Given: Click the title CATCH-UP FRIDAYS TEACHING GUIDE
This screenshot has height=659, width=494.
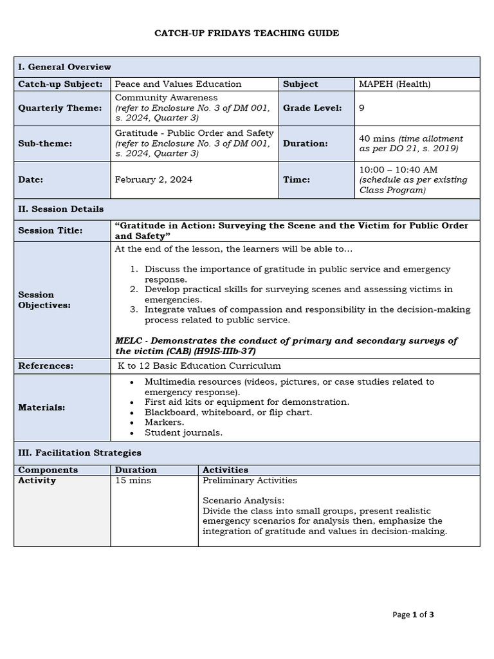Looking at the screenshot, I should [246, 33].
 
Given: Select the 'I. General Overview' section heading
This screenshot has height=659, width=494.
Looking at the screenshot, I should [64, 67].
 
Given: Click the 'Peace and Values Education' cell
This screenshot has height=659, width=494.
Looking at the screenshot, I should [178, 84].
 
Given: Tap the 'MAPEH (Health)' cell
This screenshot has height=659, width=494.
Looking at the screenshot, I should [394, 84].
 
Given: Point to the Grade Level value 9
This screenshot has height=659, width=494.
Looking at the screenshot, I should [361, 108].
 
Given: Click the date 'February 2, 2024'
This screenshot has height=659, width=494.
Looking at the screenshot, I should [153, 180].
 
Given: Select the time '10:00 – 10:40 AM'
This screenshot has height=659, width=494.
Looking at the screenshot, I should [398, 169].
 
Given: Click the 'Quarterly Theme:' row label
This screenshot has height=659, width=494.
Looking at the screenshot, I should [60, 108].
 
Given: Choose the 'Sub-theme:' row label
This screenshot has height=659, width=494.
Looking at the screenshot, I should [45, 144].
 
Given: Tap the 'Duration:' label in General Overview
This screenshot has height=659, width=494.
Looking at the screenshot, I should [305, 144].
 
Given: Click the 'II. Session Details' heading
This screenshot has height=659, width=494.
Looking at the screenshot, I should [60, 209].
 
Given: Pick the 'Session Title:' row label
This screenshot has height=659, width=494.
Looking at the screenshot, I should [50, 230].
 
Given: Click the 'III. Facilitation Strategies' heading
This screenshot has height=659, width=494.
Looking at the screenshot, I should [79, 453].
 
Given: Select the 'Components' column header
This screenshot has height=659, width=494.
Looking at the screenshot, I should [48, 470].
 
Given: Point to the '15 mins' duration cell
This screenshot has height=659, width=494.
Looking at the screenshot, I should [131, 481].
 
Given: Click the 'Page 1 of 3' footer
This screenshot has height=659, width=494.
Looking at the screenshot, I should [413, 615].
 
